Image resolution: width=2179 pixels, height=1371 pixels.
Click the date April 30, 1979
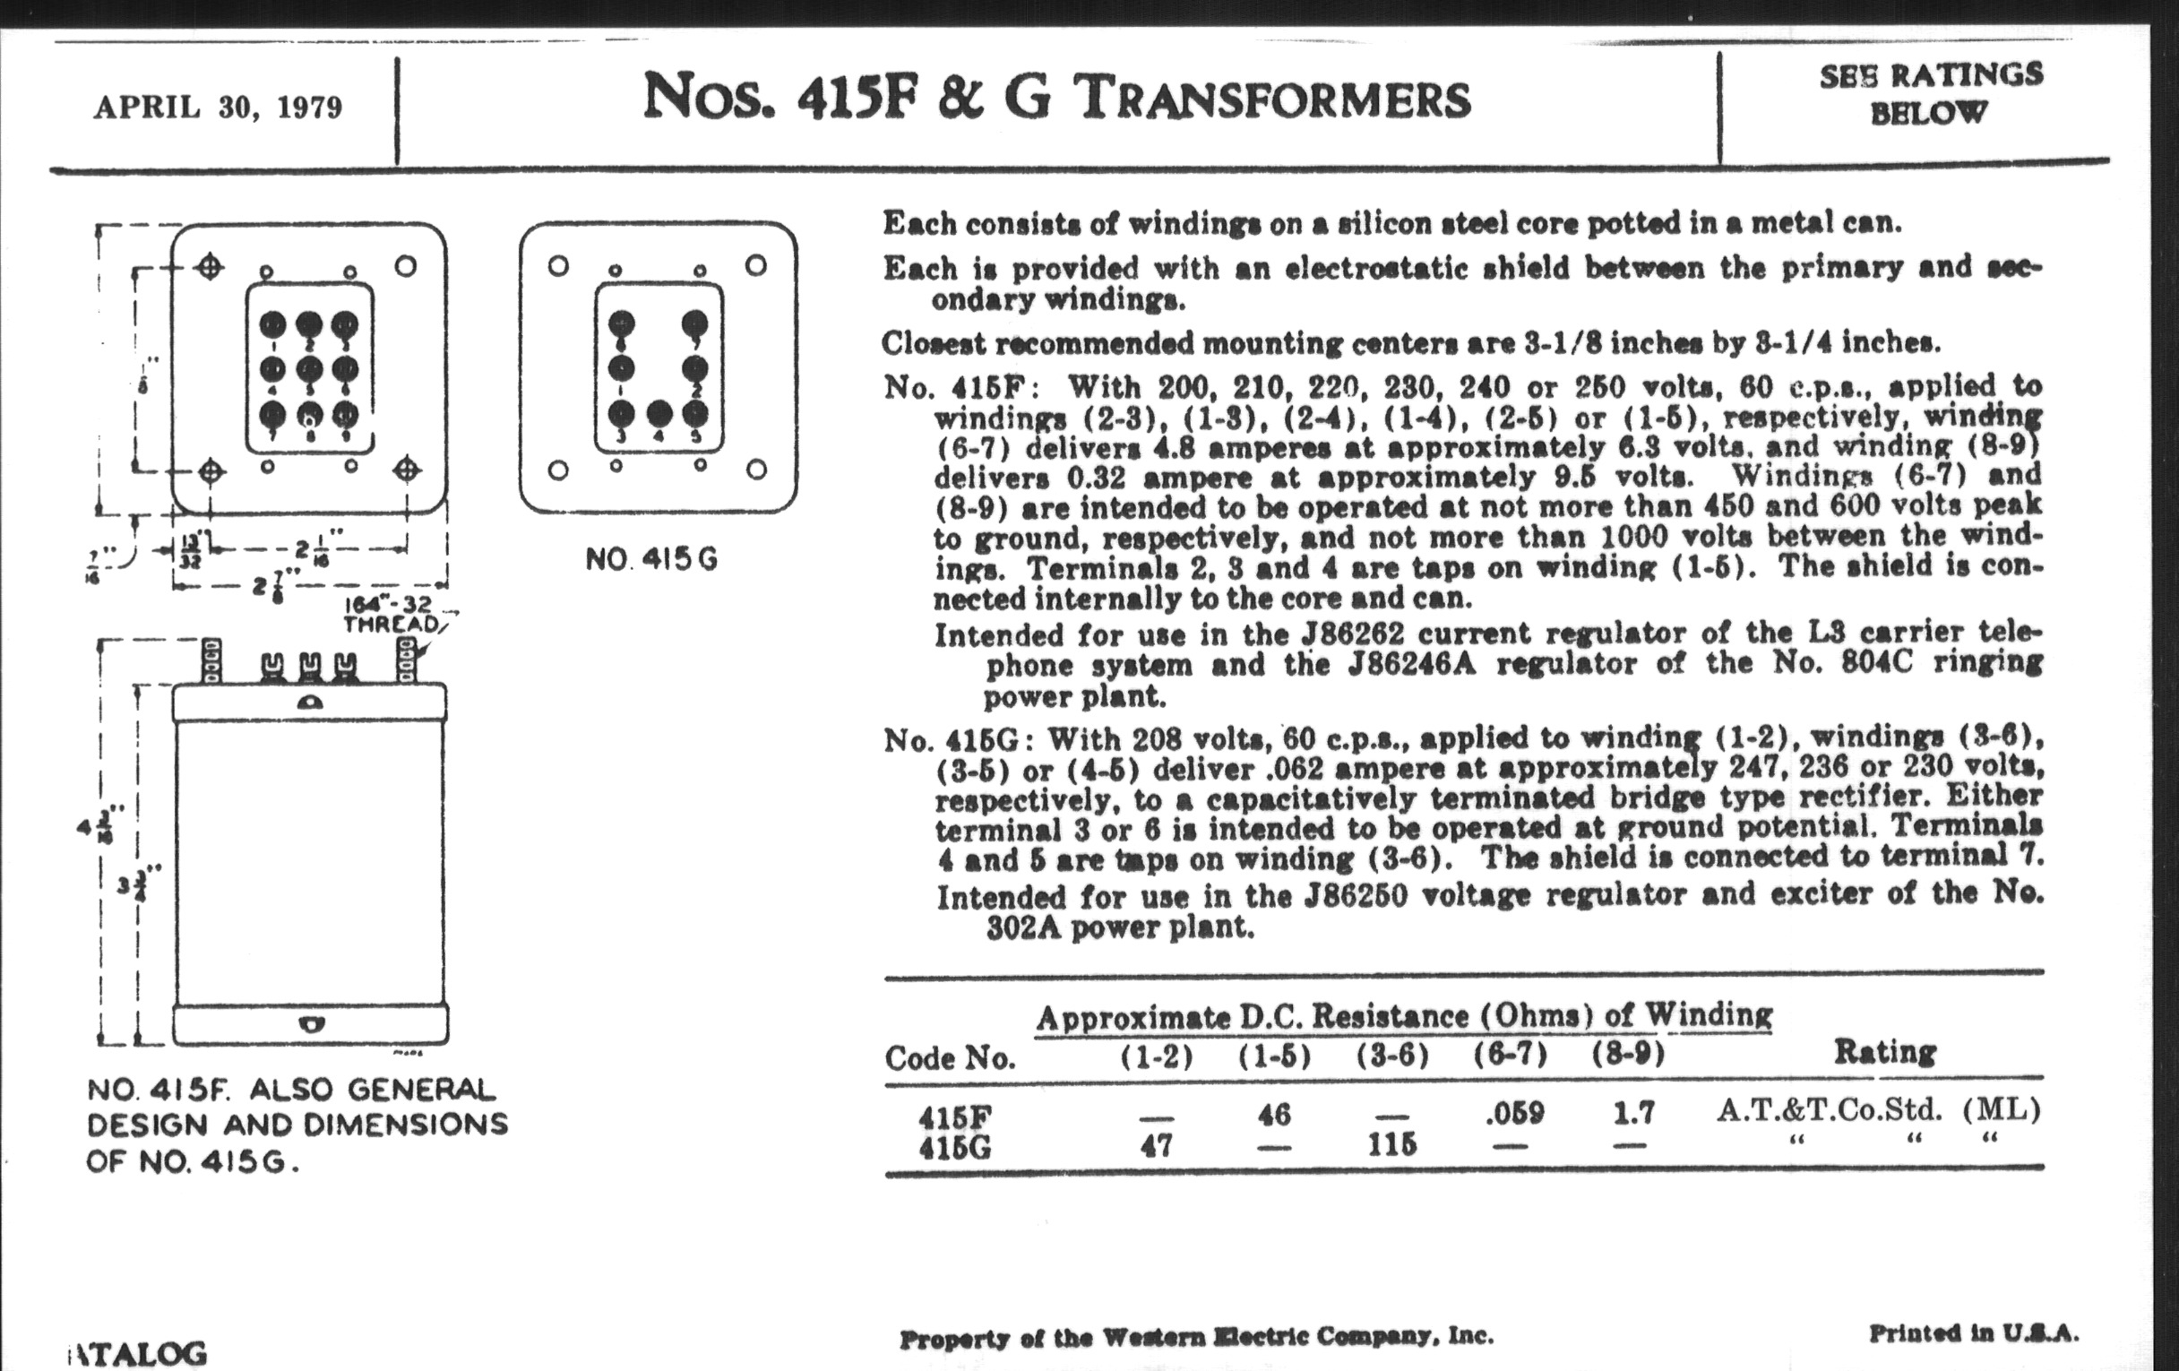coord(218,108)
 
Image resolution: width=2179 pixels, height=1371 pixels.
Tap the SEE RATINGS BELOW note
coord(1930,92)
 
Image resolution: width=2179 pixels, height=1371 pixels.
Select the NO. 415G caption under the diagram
coord(651,560)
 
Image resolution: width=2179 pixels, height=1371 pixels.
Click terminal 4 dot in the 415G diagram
coord(659,414)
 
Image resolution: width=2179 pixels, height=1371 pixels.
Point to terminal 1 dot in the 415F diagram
coord(273,324)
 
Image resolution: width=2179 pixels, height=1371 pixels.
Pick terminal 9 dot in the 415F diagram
coord(345,415)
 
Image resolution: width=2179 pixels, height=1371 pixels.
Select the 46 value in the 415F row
coord(1274,1114)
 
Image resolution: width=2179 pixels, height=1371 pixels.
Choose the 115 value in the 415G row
coord(1391,1146)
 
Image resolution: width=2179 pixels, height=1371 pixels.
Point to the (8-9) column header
coord(1629,1055)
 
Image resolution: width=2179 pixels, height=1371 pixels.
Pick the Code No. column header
coord(950,1057)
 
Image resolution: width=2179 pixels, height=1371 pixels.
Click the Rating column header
coord(1885,1052)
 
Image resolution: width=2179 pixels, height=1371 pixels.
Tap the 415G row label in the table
coord(955,1148)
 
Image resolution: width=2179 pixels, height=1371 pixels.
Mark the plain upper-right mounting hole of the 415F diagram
coord(406,266)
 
